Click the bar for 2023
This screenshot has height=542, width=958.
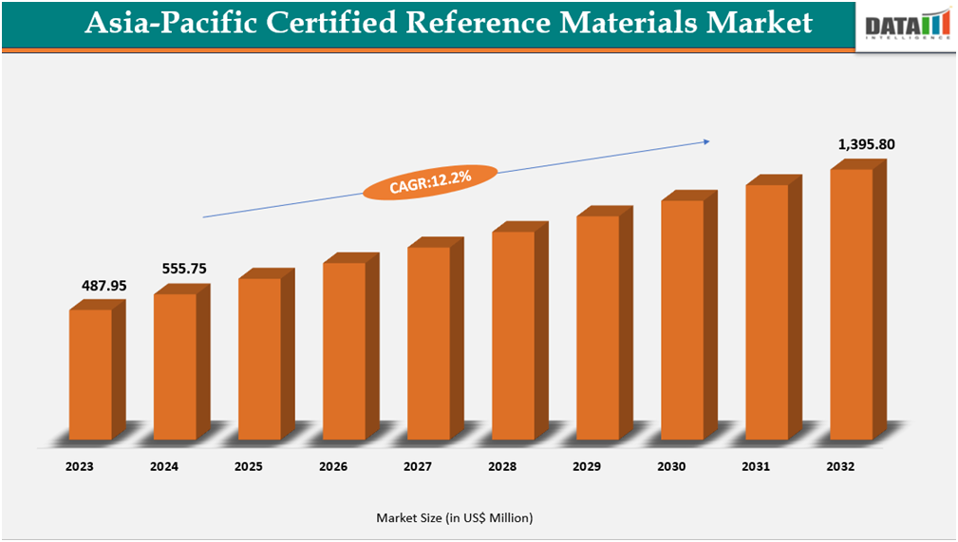click(90, 374)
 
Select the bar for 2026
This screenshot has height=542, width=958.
click(344, 350)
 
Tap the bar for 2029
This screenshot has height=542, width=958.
click(597, 327)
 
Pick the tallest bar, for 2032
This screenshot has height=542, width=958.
click(851, 304)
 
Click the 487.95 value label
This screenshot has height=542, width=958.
click(104, 285)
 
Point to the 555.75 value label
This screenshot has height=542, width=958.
click(184, 269)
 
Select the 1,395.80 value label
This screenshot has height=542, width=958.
click(866, 144)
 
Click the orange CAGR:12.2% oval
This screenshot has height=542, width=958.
click(430, 180)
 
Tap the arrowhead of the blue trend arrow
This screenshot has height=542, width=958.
click(705, 142)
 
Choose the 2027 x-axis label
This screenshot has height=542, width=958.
click(418, 467)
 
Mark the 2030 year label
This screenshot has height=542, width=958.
click(671, 467)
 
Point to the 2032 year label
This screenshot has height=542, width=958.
click(840, 467)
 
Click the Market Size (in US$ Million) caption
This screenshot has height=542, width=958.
click(454, 517)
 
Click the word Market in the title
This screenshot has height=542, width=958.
click(754, 24)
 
